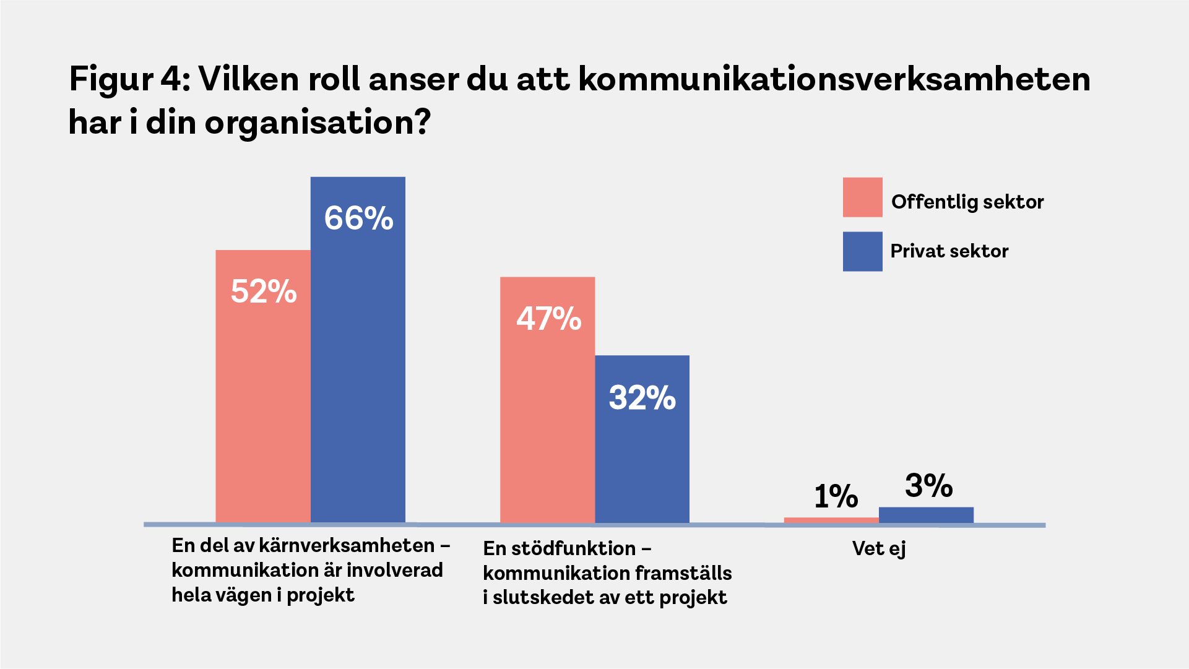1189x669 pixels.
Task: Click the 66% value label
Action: click(x=358, y=218)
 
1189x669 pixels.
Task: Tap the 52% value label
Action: click(x=264, y=291)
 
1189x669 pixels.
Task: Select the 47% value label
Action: click(x=548, y=319)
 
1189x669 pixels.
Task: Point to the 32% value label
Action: click(x=642, y=397)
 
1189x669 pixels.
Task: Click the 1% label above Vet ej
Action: click(x=836, y=496)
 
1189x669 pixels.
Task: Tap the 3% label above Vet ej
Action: click(x=928, y=486)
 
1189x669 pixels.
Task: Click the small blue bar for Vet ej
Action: click(x=926, y=515)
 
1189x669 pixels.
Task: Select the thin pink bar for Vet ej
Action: click(x=831, y=520)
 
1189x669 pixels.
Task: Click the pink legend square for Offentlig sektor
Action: click(x=862, y=197)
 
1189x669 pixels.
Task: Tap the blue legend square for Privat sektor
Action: click(x=862, y=251)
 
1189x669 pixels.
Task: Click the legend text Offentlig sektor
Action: click(x=967, y=202)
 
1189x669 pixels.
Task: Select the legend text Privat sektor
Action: click(x=949, y=251)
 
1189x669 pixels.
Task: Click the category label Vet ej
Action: click(x=878, y=549)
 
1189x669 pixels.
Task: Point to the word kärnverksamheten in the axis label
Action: click(x=347, y=546)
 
